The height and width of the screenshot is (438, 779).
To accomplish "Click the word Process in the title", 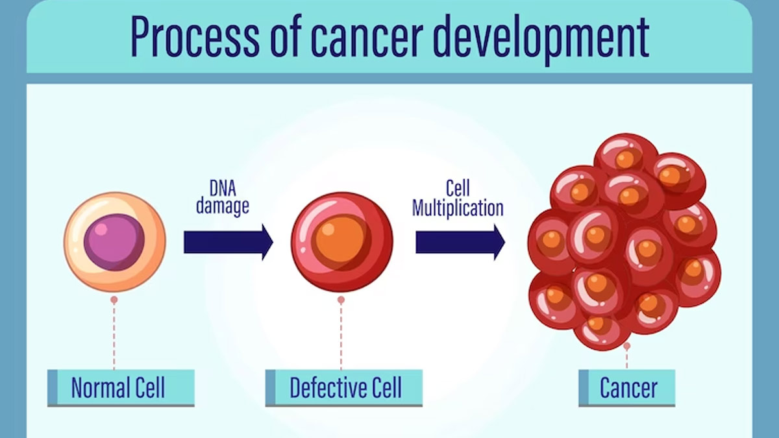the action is click(195, 36).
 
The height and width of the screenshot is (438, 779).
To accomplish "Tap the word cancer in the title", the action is click(367, 36).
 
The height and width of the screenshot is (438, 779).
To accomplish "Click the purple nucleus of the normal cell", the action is click(114, 242).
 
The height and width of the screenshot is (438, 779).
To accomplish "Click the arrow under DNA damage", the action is click(229, 242).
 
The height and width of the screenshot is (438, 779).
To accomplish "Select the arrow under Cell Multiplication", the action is click(460, 242).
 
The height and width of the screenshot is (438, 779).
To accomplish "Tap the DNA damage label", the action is click(223, 197).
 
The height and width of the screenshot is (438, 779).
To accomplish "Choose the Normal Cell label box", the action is click(121, 388).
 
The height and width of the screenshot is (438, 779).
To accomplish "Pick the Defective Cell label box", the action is click(344, 388).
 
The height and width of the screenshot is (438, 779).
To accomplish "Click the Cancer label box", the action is click(627, 388).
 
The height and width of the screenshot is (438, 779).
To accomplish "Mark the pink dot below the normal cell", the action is click(114, 300).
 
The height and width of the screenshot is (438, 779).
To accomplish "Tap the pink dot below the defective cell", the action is click(341, 300).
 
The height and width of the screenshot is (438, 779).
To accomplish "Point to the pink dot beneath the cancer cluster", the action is click(627, 346).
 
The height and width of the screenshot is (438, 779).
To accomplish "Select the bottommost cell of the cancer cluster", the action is click(602, 327).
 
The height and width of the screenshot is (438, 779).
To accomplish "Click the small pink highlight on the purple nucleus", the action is click(101, 229).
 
